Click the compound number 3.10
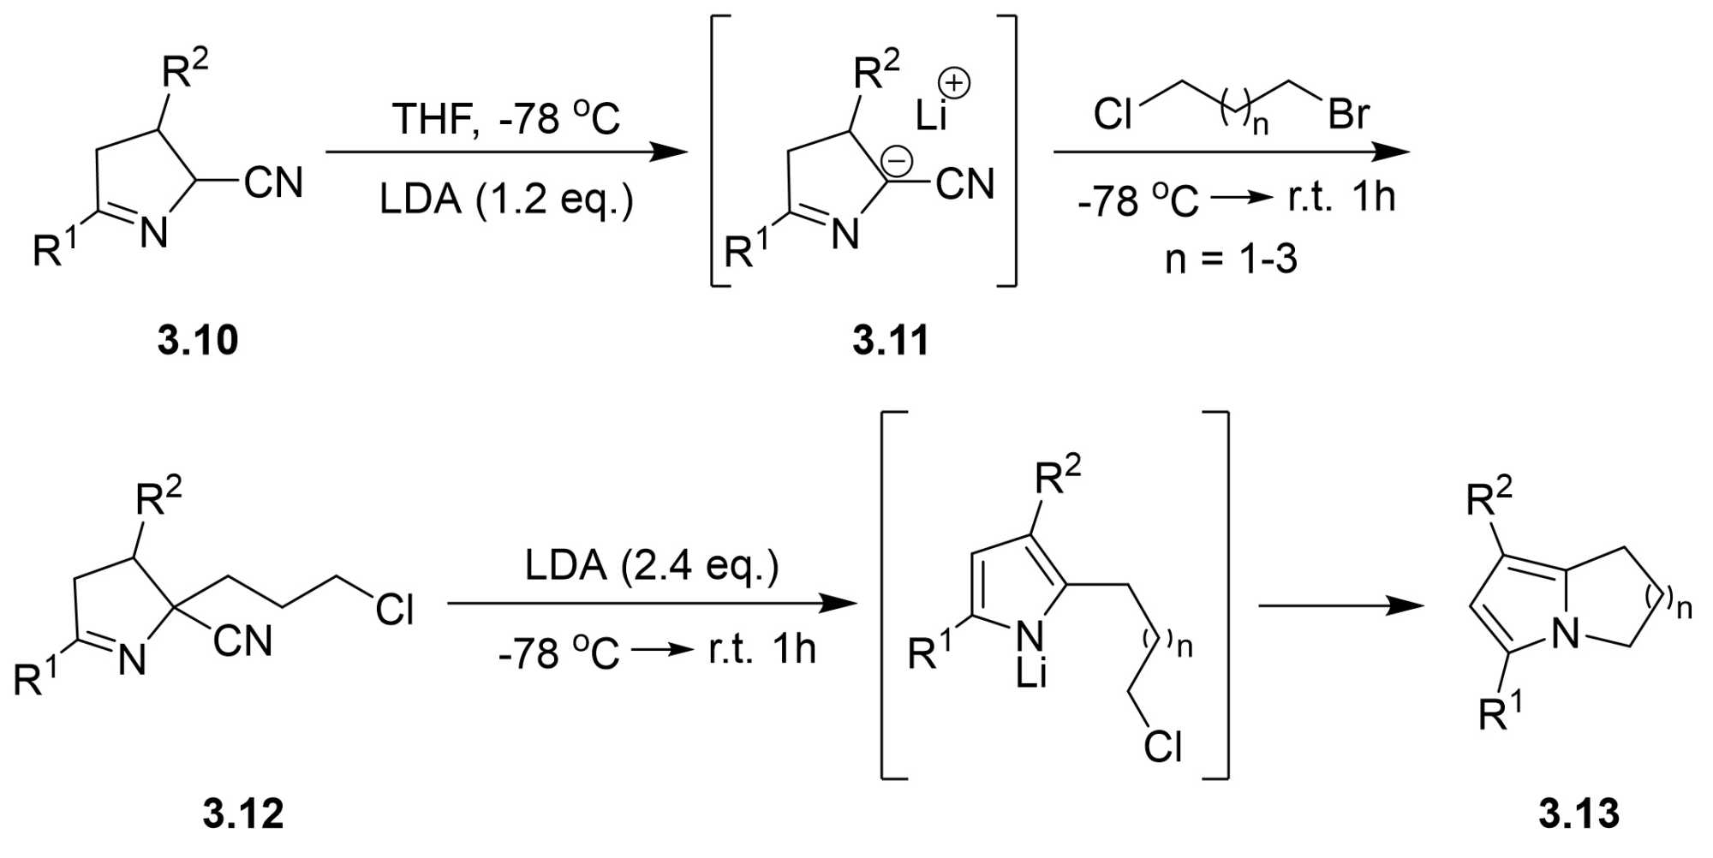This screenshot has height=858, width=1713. point(198,340)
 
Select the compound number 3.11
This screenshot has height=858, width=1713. point(891,340)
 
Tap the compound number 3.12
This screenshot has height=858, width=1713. point(243,813)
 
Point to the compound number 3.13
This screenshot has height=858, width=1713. point(1579,813)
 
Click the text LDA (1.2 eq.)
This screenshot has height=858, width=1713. point(506,200)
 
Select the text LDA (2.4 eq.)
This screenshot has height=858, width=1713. point(652,566)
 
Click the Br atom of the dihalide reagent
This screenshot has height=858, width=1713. point(1348,114)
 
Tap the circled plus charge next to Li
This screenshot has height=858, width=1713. point(954,84)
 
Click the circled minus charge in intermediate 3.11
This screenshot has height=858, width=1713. point(898,160)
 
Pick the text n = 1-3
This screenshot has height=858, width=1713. point(1231,258)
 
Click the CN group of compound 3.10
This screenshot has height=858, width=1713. point(273,182)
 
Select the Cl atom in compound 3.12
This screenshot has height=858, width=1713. point(395,610)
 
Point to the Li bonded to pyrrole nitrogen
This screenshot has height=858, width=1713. point(1031,674)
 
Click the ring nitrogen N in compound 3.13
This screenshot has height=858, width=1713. point(1566,634)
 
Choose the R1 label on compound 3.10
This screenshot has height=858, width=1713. point(54,249)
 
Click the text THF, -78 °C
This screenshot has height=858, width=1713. point(506,118)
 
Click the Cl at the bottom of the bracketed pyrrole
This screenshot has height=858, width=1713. point(1162,747)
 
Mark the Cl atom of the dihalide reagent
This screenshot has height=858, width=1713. point(1113,114)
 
